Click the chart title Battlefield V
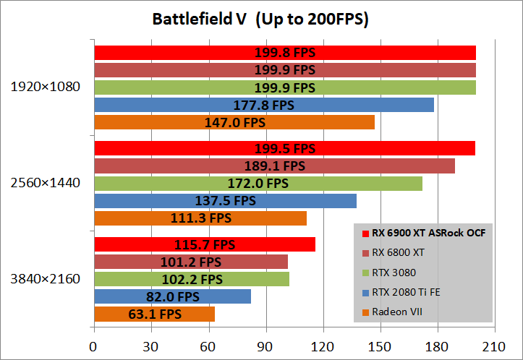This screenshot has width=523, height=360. click(260, 20)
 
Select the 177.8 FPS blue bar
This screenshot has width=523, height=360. click(263, 105)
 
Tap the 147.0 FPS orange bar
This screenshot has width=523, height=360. click(234, 122)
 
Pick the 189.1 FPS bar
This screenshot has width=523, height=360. click(274, 166)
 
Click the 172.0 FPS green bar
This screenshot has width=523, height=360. click(258, 184)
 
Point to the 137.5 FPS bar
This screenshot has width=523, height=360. click(225, 200)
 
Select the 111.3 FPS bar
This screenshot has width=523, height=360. click(200, 218)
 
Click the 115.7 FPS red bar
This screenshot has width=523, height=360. click(204, 244)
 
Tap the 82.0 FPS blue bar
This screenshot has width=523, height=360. click(172, 296)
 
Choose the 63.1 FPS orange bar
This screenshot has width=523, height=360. click(154, 314)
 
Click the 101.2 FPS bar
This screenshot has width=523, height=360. click(191, 262)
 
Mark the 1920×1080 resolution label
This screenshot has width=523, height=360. click(45, 87)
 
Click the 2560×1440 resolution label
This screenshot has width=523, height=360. click(45, 183)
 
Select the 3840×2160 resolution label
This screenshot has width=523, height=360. click(45, 279)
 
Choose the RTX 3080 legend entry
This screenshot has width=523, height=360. click(395, 273)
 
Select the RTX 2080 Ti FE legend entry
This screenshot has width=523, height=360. click(404, 292)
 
